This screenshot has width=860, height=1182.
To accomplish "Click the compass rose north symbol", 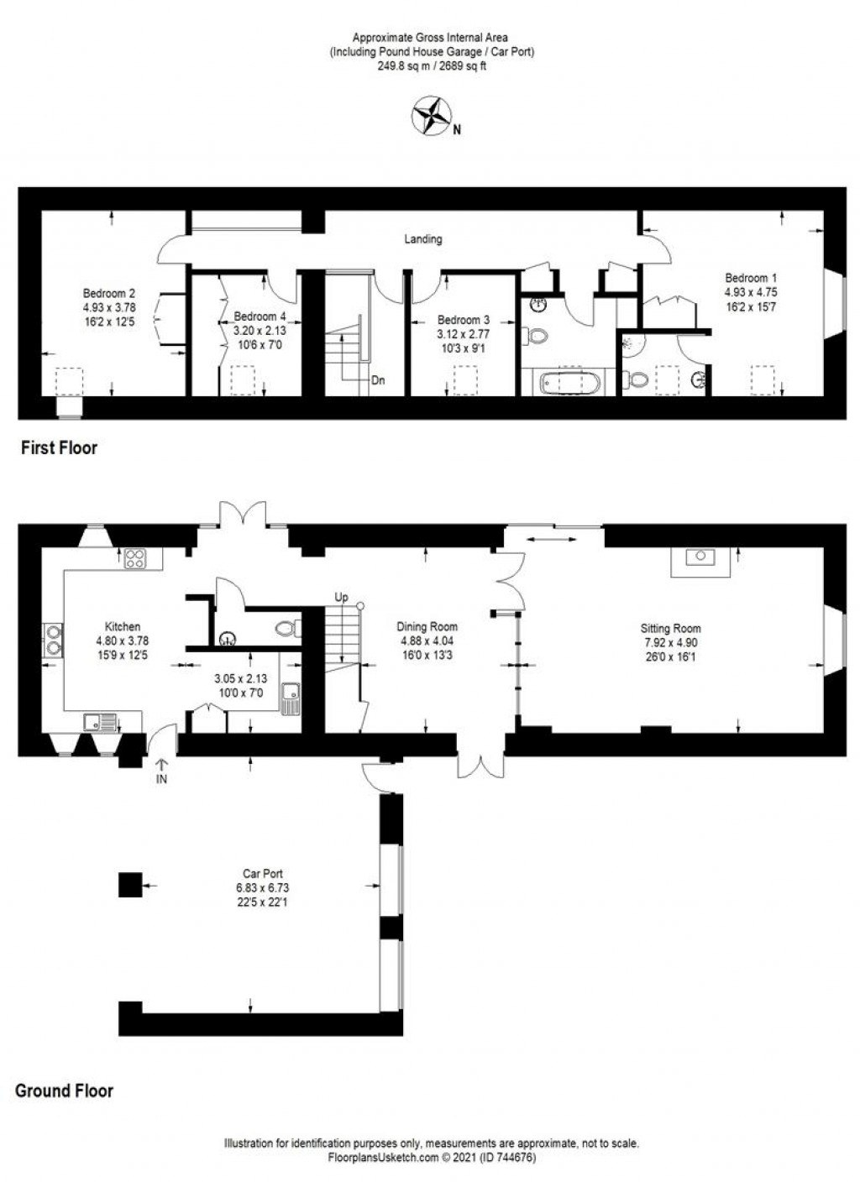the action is pyautogui.click(x=432, y=114).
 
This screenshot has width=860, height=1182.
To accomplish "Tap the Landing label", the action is pyautogui.click(x=423, y=239).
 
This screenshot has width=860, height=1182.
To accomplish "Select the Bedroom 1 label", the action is pyautogui.click(x=751, y=278).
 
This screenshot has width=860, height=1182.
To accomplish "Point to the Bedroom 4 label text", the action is pyautogui.click(x=260, y=316).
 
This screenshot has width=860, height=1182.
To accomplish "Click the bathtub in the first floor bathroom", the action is pyautogui.click(x=569, y=382).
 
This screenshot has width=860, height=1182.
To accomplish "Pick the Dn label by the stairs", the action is pyautogui.click(x=378, y=380).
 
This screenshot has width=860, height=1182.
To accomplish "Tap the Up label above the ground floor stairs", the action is pyautogui.click(x=342, y=598).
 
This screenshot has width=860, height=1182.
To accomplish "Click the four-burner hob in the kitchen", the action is pyautogui.click(x=136, y=558).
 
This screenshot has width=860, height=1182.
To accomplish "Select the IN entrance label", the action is pyautogui.click(x=161, y=779).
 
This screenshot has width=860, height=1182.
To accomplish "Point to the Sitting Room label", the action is pyautogui.click(x=670, y=629).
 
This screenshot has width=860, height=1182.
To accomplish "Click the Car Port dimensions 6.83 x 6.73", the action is pyautogui.click(x=262, y=887).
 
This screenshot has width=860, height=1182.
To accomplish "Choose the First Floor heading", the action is pyautogui.click(x=59, y=448).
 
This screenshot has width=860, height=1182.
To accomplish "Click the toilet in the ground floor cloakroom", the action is pyautogui.click(x=288, y=628).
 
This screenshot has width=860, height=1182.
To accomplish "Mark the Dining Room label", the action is pyautogui.click(x=427, y=626).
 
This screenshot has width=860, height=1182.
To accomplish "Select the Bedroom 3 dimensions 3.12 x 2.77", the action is pyautogui.click(x=463, y=334).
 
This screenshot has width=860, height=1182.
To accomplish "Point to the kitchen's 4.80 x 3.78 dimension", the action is pyautogui.click(x=122, y=641).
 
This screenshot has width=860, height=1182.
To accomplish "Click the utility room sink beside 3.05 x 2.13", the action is pyautogui.click(x=291, y=698).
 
